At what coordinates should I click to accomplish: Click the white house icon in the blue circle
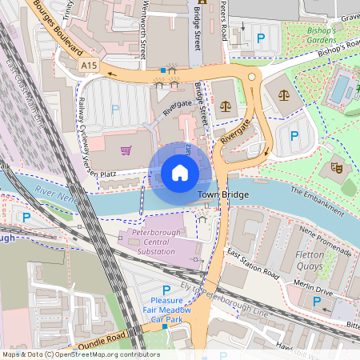tap(180, 172)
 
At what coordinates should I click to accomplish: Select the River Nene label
tap(56, 193)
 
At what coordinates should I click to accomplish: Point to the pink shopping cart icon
tap(126, 150)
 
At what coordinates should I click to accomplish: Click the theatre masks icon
tap(336, 168)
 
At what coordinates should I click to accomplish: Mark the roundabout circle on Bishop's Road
tap(253, 77)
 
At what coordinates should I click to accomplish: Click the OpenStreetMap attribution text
tap(81, 354)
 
